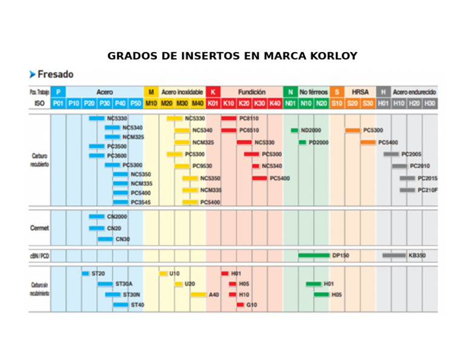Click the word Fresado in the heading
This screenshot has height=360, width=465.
[x=55, y=75]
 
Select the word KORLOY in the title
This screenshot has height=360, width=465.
[x=332, y=56]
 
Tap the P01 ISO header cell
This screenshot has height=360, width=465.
[x=58, y=104]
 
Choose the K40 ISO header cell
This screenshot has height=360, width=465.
[x=275, y=104]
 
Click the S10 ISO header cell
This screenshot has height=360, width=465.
[x=337, y=104]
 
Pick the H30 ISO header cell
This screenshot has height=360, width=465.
[x=429, y=104]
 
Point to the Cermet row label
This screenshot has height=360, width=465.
[x=40, y=228]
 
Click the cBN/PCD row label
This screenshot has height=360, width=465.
[x=40, y=256]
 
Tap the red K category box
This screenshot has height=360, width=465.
[x=213, y=92]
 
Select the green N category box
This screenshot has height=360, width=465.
[x=291, y=92]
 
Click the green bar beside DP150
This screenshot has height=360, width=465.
[x=314, y=256]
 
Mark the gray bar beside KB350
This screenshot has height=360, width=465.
[x=394, y=256]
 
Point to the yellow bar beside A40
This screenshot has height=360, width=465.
[x=198, y=295]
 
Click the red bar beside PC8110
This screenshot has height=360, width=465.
[x=229, y=118]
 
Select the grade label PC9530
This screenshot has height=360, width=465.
[x=202, y=166]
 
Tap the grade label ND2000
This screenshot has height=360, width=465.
[x=311, y=130]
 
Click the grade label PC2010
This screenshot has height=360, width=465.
[x=420, y=166]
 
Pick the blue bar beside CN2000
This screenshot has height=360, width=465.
[x=96, y=216]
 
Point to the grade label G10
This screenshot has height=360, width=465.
[x=252, y=305]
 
